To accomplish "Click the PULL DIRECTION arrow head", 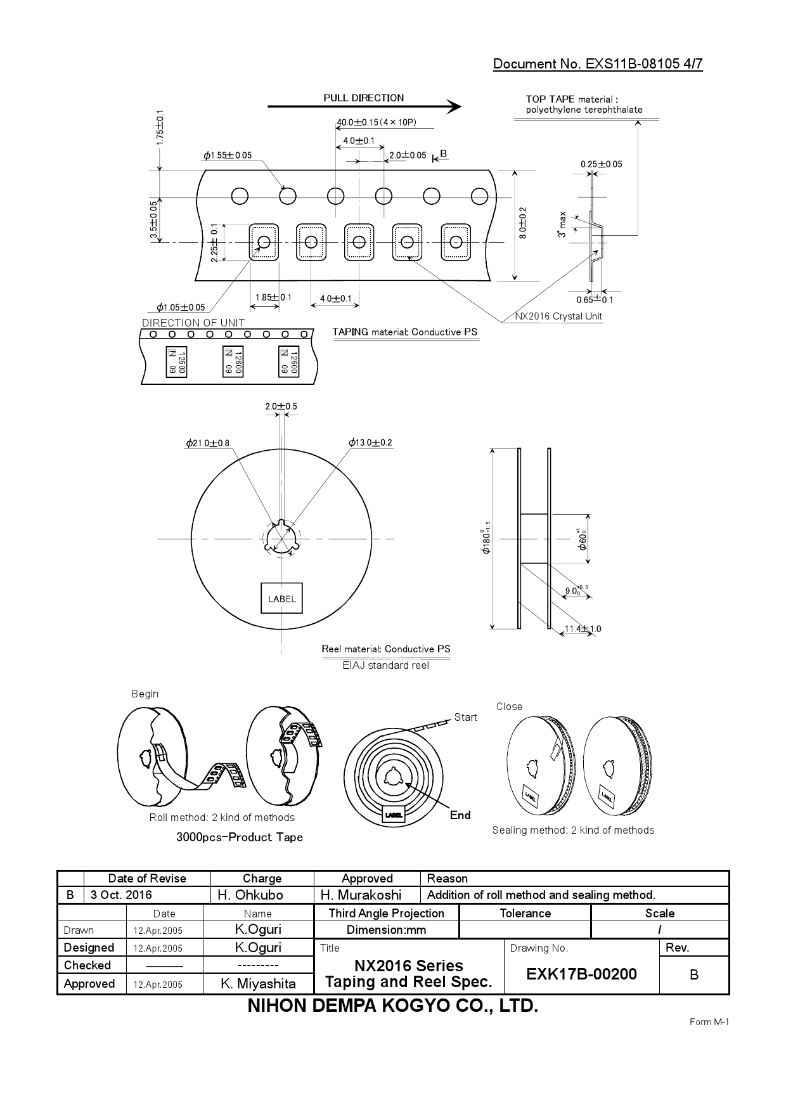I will pos(454,107).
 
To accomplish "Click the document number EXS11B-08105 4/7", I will pos(597,63).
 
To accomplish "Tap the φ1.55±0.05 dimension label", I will pos(228,155).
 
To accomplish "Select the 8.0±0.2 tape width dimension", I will pos(523,223).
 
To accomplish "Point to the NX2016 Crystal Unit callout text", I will pos(558,316).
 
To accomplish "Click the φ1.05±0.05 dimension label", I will pos(181,307).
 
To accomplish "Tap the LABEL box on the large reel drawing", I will pos(282,598).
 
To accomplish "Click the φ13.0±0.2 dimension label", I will pos(370,443).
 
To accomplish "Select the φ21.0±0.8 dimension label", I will pos(208,443).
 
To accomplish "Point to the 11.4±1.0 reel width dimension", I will pos(583,629).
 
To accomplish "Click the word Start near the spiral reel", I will pos(465,717).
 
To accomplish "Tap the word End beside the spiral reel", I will pos(460,815).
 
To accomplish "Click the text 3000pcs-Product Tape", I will pos(240,837).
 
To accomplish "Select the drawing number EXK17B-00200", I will pos(581,974).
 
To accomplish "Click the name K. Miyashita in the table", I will pos(258,983).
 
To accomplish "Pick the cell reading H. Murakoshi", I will pos(361,895).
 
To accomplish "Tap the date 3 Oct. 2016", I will pos(121,895).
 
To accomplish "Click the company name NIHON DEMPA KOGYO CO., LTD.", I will pos(392,1006).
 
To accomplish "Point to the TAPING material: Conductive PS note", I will pos(404,332).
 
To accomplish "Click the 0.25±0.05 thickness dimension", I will pos(601,164).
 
